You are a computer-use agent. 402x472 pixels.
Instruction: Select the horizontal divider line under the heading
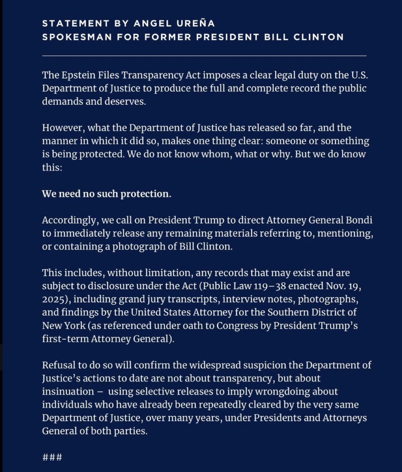204,56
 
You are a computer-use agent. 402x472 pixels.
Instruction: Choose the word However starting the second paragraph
63,128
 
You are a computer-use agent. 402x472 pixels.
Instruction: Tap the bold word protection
146,194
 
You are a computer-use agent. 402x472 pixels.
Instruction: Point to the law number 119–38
270,286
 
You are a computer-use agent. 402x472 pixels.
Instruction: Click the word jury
154,299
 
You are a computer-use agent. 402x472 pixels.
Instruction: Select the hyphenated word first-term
65,339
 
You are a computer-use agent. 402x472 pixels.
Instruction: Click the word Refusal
59,365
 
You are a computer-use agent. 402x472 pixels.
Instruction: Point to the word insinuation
68,391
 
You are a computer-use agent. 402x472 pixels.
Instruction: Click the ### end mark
52,458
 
